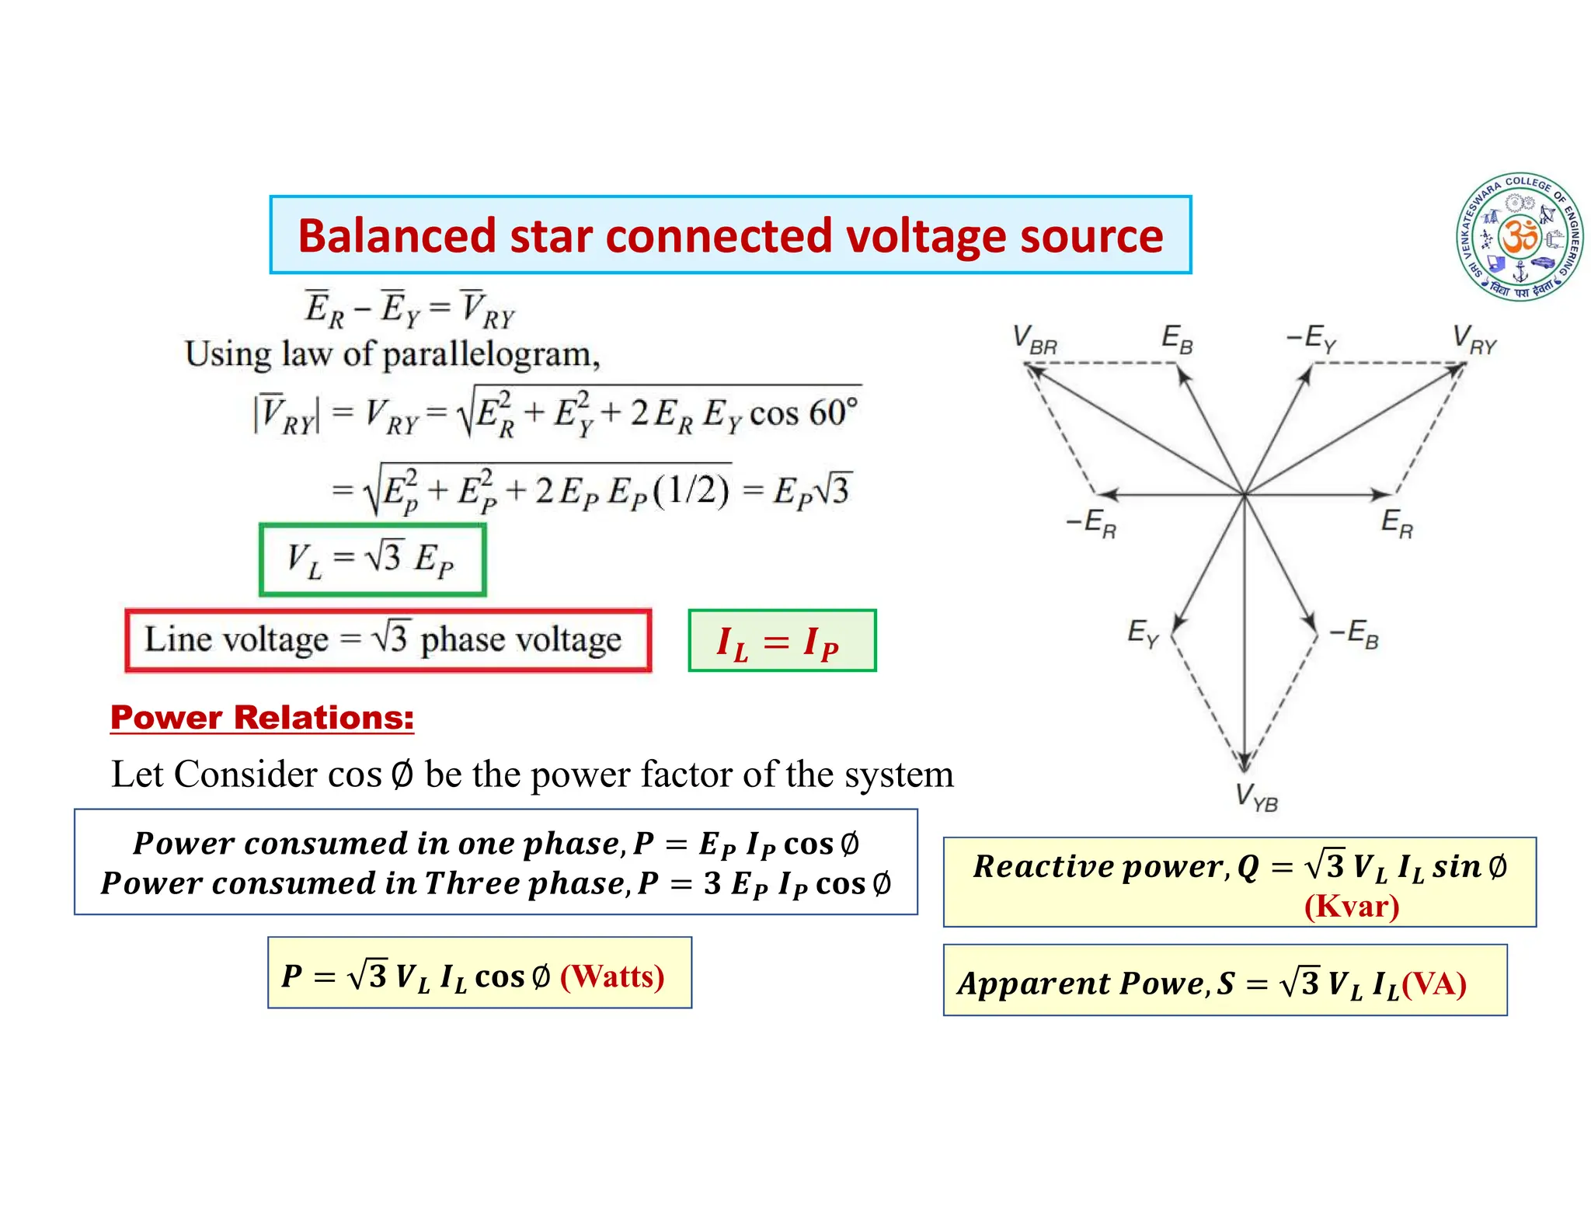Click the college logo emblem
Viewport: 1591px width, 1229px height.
(x=1519, y=236)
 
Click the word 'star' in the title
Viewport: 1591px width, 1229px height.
(x=552, y=236)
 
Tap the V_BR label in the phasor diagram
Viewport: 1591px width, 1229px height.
(x=1035, y=339)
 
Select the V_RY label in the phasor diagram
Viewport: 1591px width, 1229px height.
(x=1474, y=339)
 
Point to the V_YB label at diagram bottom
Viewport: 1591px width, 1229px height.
(x=1256, y=797)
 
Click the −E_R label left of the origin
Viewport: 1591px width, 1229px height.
(x=1091, y=524)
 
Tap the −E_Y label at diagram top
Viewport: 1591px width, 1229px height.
(x=1311, y=339)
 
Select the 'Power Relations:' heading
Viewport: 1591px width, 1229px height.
(x=262, y=717)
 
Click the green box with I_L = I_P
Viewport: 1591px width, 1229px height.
(x=782, y=641)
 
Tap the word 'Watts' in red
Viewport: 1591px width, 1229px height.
(x=612, y=976)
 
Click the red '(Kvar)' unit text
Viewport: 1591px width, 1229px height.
(x=1351, y=906)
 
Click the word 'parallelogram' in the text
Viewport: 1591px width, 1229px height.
(x=491, y=354)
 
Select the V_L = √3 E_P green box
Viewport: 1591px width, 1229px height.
(x=372, y=559)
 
